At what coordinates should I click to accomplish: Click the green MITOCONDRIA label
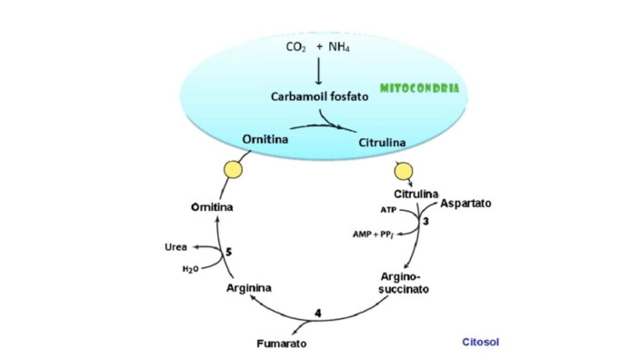[419, 89]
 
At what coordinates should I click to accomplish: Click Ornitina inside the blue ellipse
[265, 139]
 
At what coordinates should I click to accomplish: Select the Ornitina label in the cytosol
[211, 207]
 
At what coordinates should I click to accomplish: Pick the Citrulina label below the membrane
[416, 195]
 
